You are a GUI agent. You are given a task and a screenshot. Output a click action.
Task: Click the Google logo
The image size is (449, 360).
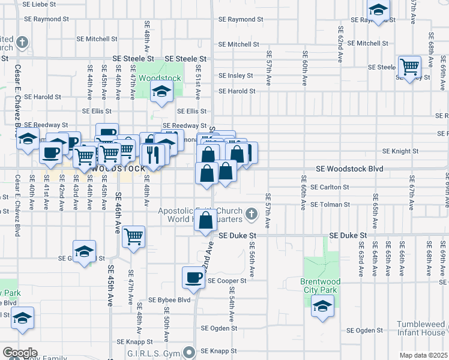(20, 353)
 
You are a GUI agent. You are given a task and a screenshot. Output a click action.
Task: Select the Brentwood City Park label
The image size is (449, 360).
(320, 286)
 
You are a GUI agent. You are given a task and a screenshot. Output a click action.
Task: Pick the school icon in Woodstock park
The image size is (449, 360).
(161, 91)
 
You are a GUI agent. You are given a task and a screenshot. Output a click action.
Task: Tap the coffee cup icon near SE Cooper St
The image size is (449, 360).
(194, 277)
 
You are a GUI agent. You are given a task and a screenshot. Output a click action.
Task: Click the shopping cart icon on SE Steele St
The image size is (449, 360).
(409, 67)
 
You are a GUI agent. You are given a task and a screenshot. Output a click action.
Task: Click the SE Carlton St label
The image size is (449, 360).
(330, 187)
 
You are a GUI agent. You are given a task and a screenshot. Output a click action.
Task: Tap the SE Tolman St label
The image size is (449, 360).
(330, 205)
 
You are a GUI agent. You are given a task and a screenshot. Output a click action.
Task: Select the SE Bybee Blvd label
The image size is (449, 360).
(169, 300)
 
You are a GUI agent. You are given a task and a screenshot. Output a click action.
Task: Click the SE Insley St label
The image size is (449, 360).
(237, 76)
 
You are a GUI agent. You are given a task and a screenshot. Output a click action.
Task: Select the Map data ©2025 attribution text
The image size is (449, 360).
(423, 355)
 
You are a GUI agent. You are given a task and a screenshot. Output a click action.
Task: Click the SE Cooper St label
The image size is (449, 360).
(227, 281)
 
